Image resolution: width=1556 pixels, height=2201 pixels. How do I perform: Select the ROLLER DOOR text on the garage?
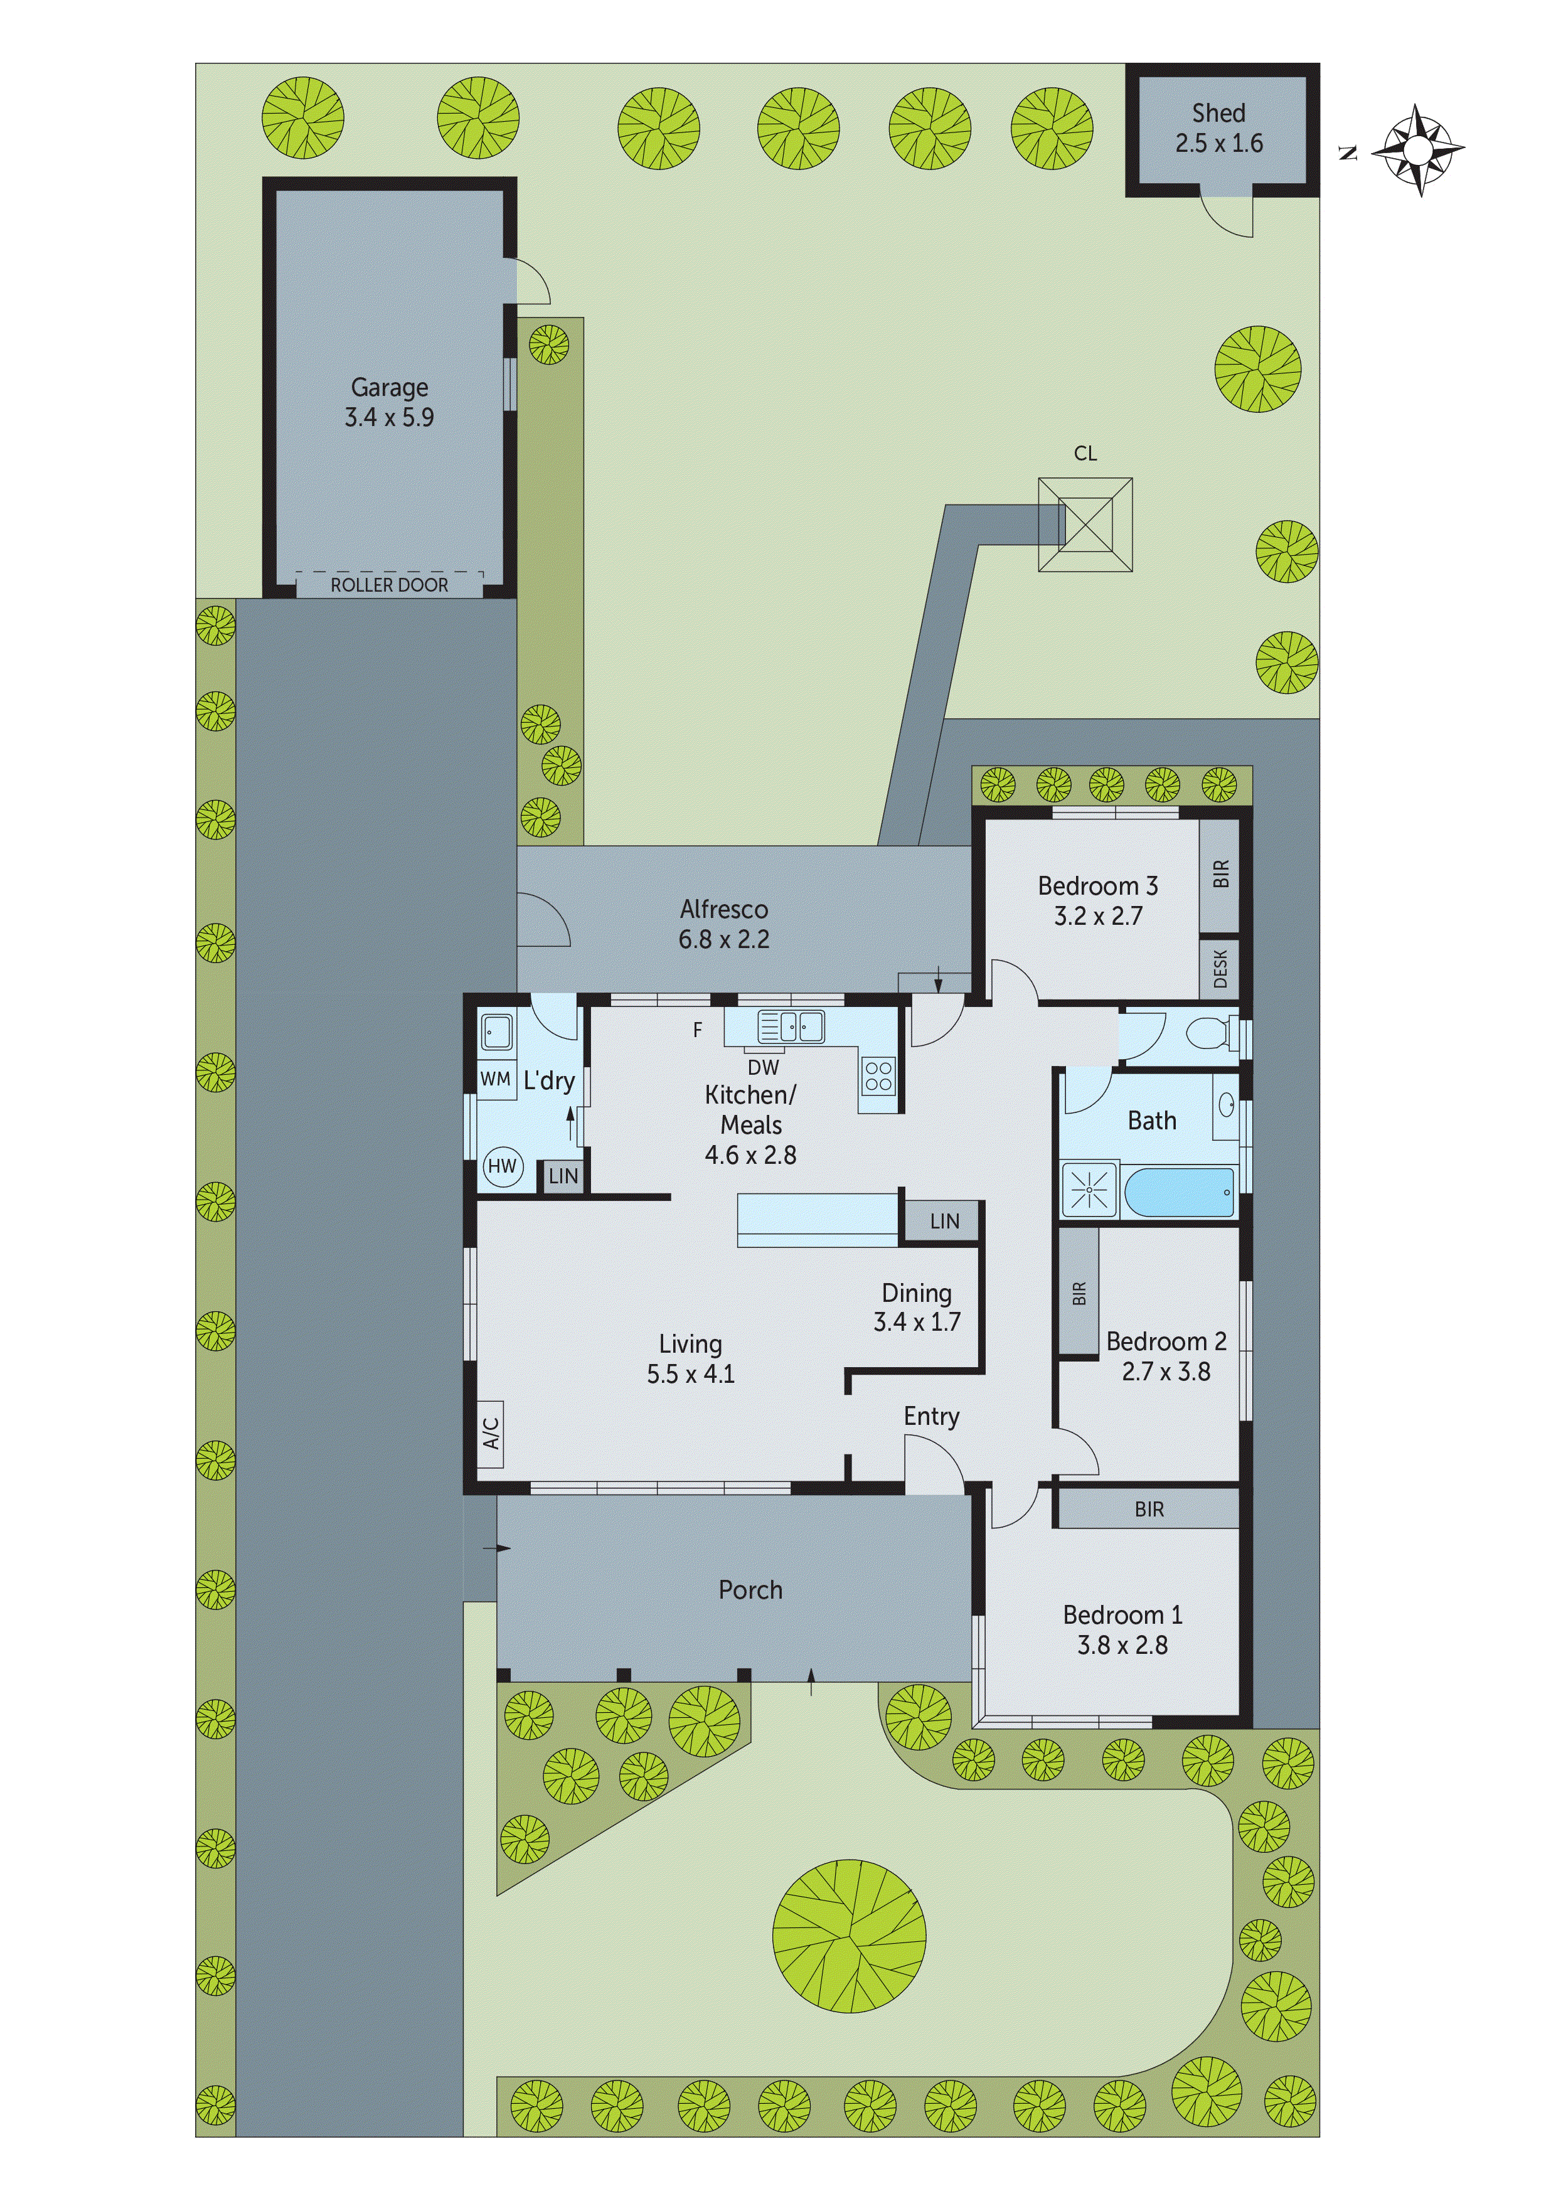tap(389, 585)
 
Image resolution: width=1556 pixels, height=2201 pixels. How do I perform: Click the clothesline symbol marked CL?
tap(1085, 525)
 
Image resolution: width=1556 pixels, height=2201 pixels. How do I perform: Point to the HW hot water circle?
tap(503, 1166)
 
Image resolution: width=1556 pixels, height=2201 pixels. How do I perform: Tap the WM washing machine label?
tap(494, 1079)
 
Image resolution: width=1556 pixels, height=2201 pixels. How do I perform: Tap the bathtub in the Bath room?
tap(1178, 1191)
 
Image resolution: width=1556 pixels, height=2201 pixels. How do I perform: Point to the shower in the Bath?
tap(1089, 1191)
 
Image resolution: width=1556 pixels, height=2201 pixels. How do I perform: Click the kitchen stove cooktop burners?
tap(878, 1077)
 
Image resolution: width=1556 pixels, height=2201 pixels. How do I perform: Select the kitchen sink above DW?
tap(791, 1026)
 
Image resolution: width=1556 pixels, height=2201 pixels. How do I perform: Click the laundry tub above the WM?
tap(497, 1033)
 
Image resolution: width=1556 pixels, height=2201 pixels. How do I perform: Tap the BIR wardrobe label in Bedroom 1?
tap(1149, 1510)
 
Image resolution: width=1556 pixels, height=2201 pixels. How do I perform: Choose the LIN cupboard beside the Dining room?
tap(944, 1222)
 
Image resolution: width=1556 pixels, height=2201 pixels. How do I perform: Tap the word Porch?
tap(750, 1591)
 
